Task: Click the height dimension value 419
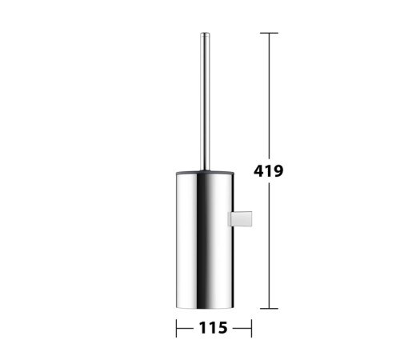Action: (268, 170)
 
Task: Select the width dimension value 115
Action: (214, 328)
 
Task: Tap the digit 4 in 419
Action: (258, 170)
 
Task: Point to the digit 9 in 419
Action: (278, 170)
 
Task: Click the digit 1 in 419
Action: (268, 170)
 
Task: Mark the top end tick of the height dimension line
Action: (269, 33)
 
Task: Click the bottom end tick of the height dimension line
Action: (269, 309)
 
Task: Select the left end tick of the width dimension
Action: (176, 328)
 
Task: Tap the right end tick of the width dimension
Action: (251, 328)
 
